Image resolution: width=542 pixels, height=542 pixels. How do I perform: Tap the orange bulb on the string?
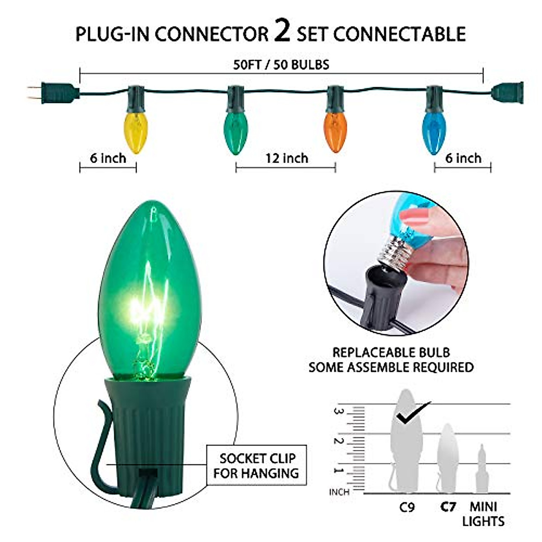(336, 130)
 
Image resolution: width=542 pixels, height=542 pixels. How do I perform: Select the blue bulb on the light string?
(435, 131)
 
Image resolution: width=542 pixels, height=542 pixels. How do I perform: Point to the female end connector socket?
(508, 92)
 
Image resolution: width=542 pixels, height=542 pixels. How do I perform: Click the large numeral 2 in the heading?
(282, 33)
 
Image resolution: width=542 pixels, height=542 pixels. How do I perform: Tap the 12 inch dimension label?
(286, 159)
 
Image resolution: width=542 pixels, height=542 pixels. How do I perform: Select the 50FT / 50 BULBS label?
(281, 65)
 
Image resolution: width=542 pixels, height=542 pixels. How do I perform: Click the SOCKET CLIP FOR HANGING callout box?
(256, 466)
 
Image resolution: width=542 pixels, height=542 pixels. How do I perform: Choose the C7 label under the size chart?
(448, 507)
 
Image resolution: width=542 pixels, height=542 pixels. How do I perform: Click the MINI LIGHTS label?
(483, 514)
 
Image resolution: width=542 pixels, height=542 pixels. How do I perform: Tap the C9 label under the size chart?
(406, 507)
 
